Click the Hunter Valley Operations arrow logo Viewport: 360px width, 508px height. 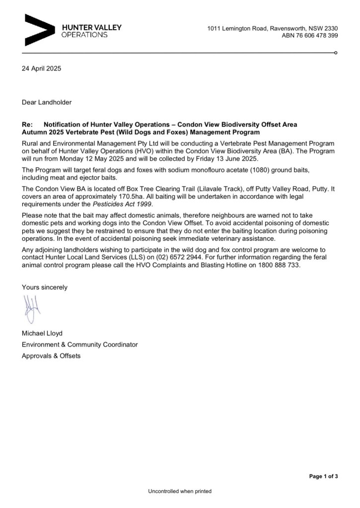[x=38, y=31]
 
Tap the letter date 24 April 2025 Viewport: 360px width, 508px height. [x=41, y=69]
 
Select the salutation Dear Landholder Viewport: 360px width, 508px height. [x=47, y=102]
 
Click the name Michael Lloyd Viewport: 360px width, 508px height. [x=42, y=333]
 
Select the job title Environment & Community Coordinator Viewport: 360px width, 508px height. [x=79, y=345]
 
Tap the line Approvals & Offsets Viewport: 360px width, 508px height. [x=51, y=356]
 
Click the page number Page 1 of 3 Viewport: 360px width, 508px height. [x=323, y=477]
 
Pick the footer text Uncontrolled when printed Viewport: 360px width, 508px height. [x=180, y=492]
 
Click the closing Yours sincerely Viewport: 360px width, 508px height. [x=45, y=287]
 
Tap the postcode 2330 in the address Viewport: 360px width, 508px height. [x=331, y=28]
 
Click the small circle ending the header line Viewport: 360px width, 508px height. [x=337, y=52]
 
